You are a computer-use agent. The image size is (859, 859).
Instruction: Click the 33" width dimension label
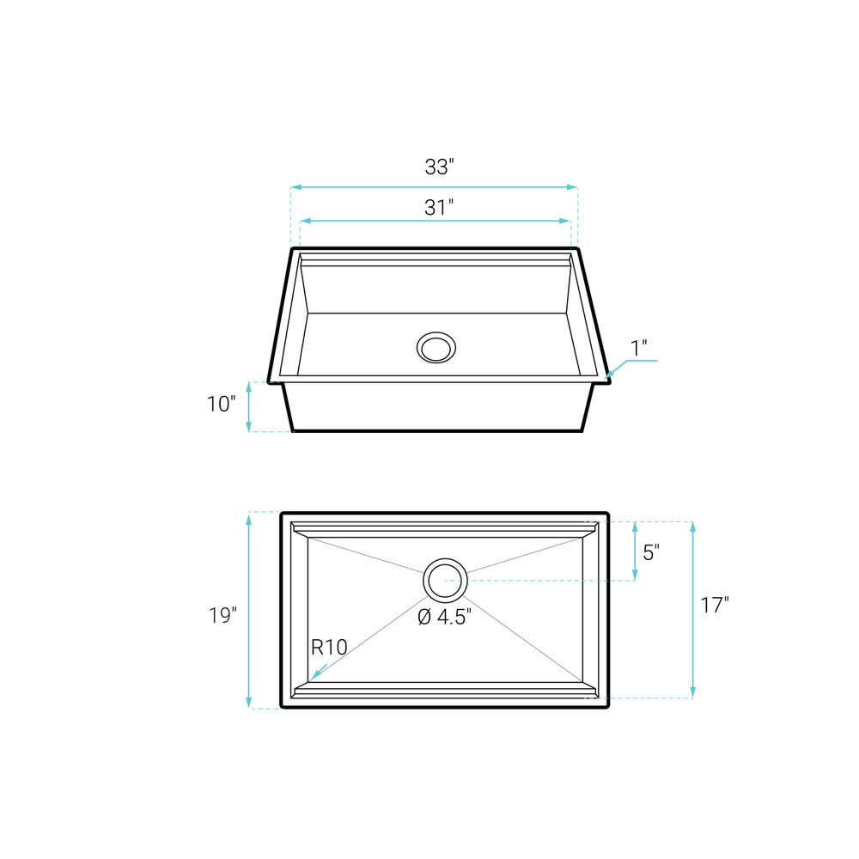point(439,167)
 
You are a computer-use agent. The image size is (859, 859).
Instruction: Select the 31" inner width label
point(439,208)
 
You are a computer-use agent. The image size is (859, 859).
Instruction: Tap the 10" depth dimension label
point(222,405)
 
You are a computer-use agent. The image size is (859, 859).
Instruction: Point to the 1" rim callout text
point(639,348)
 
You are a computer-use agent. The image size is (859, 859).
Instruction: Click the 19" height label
point(222,616)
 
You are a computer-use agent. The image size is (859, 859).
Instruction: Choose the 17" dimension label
point(715,606)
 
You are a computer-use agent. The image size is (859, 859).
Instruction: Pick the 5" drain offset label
point(651,552)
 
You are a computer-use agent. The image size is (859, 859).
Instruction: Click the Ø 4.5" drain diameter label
point(444,618)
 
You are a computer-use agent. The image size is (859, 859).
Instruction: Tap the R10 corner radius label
point(329,648)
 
